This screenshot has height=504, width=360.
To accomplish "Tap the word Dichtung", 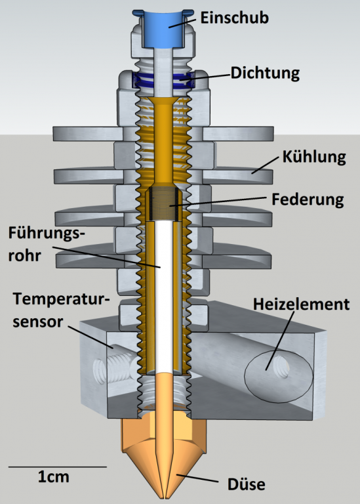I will tap(265, 73).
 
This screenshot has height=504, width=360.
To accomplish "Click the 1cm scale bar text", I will tap(53, 476).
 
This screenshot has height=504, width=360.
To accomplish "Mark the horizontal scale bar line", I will tap(57, 466).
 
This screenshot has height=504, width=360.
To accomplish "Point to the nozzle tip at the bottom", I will tap(164, 495).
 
